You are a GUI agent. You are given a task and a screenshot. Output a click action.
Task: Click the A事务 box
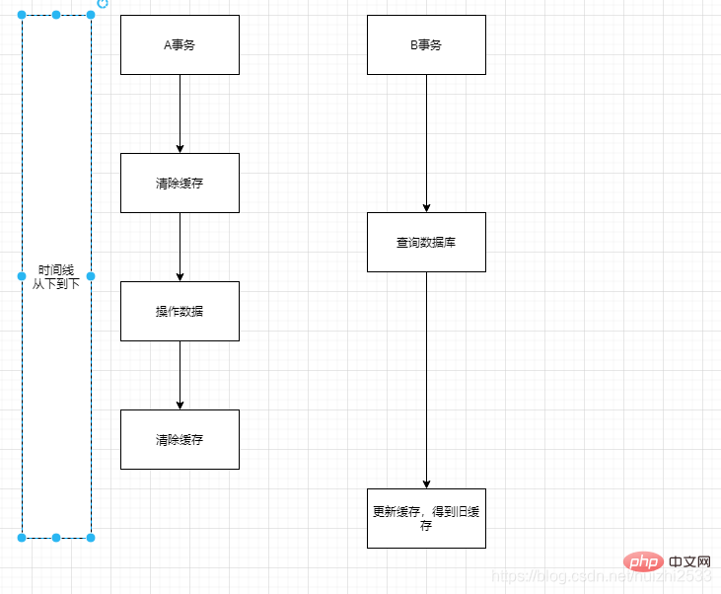[180, 44]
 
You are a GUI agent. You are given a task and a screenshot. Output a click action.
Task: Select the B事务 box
[426, 44]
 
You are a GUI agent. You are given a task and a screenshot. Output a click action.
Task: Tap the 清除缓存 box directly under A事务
[180, 183]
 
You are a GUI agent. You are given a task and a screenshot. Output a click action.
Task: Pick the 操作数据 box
[180, 311]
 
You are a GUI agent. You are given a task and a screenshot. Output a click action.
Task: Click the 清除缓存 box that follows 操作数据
[180, 439]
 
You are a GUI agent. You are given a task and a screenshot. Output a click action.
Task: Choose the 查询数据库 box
[426, 242]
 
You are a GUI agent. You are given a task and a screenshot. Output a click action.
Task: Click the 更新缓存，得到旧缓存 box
[426, 518]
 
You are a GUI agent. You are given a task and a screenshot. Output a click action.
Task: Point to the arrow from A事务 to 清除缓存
[180, 113]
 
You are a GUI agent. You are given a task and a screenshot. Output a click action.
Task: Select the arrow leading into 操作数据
[180, 247]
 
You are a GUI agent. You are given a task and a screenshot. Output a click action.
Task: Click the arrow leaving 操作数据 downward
[180, 375]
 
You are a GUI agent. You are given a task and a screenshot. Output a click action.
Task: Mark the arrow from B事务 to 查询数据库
[426, 143]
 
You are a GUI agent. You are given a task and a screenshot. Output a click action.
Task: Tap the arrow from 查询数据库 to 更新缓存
[426, 380]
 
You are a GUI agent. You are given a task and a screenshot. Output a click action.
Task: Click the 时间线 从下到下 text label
[56, 276]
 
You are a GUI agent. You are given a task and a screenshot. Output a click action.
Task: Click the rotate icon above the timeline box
[103, 4]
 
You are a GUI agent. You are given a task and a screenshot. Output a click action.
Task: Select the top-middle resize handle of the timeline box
[56, 15]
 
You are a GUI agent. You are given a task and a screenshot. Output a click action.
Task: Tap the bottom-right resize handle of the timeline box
[91, 538]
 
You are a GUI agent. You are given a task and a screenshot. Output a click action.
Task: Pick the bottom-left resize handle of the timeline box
[22, 538]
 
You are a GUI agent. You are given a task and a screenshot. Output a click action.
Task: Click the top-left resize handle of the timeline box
[22, 15]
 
